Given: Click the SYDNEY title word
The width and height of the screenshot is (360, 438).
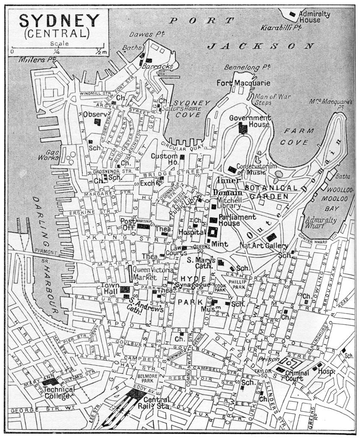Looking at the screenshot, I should tap(60, 21).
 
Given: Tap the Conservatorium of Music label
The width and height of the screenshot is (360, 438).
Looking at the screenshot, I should tap(256, 169).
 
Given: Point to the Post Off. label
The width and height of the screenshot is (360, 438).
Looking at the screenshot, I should tap(127, 224).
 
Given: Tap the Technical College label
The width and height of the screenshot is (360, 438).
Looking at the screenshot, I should tap(59, 392).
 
